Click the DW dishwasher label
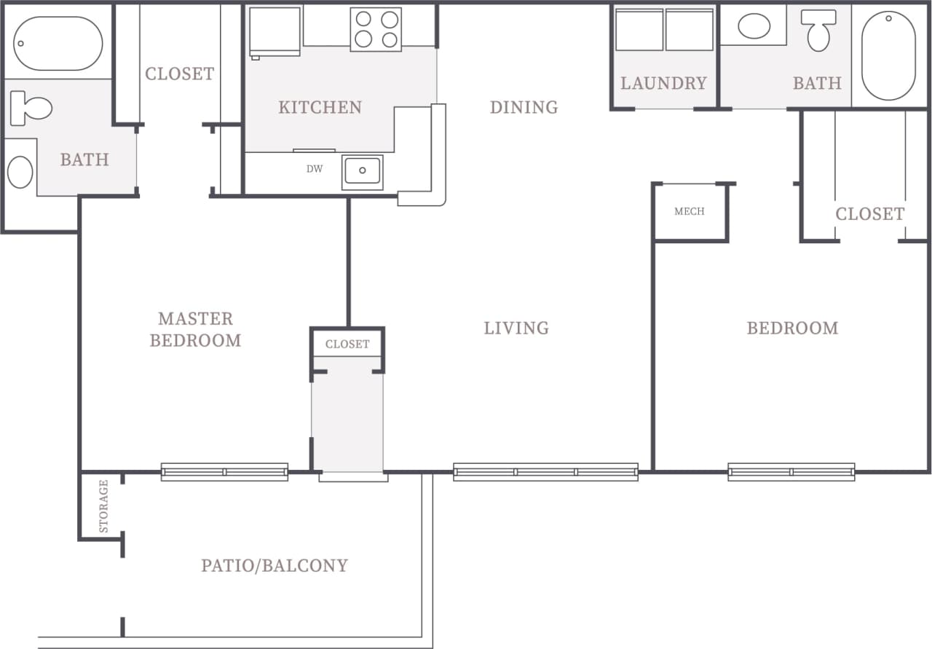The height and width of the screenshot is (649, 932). (x=314, y=169)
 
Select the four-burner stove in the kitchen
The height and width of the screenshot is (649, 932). (x=376, y=29)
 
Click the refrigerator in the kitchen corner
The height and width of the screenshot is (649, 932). (x=275, y=31)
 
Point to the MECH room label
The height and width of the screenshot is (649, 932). (x=689, y=211)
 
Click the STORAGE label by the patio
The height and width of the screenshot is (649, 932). (x=103, y=506)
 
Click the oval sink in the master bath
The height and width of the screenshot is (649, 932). (x=20, y=172)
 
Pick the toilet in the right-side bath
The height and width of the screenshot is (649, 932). (x=818, y=29)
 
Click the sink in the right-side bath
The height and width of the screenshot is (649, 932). (x=754, y=26)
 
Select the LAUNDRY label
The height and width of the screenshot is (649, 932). (x=663, y=83)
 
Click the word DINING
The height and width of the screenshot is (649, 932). (x=524, y=107)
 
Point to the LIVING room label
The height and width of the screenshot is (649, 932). (x=516, y=328)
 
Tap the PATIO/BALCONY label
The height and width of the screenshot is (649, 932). (x=275, y=565)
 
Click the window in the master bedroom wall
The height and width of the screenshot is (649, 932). (x=224, y=472)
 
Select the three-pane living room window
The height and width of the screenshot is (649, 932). (x=545, y=472)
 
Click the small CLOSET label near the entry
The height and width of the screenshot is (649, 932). (x=347, y=344)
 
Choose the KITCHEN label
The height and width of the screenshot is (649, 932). (x=320, y=107)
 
